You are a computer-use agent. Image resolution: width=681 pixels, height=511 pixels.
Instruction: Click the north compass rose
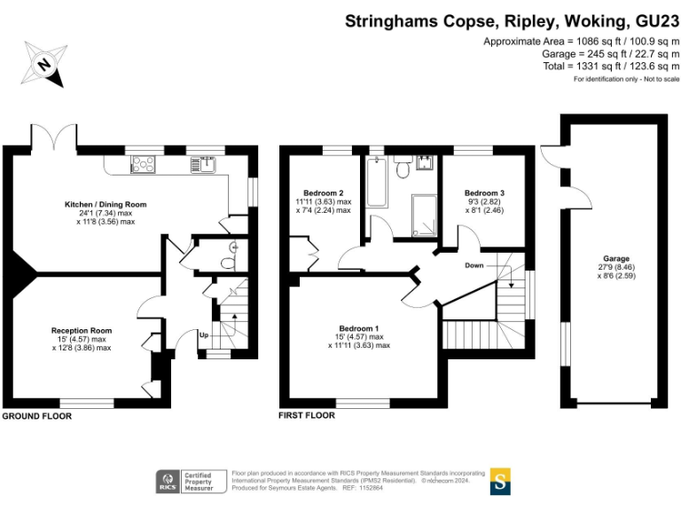click(43, 65)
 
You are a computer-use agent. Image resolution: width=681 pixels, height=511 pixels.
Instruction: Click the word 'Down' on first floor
click(475, 264)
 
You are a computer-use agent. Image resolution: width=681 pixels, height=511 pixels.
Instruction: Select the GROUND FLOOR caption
click(37, 415)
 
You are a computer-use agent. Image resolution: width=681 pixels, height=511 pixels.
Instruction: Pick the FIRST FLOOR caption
click(307, 415)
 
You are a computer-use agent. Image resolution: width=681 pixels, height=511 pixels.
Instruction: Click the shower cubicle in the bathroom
click(424, 216)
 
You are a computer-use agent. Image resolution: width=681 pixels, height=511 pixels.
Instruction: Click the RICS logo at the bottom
click(167, 482)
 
